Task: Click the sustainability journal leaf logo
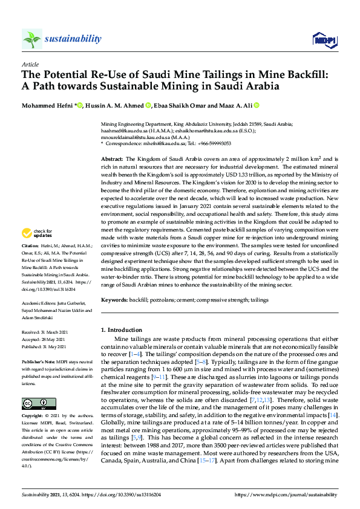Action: [32, 39]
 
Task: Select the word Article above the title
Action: [30, 63]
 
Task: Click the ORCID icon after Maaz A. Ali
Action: [257, 105]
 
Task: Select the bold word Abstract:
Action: [113, 158]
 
